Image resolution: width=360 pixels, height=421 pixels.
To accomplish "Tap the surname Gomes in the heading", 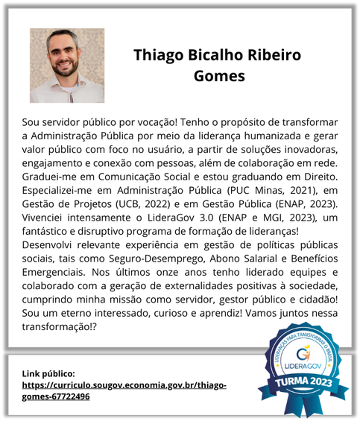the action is [x=218, y=76].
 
